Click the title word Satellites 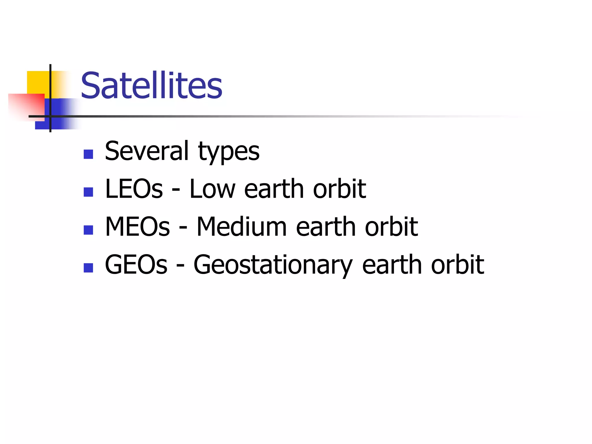tap(151, 86)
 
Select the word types tap(229, 152)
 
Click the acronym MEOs tap(137, 227)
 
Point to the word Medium tap(242, 227)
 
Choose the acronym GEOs tap(136, 264)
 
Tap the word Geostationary tap(273, 265)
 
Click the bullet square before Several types tap(88, 154)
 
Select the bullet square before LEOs tap(88, 192)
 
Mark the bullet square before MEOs tap(88, 230)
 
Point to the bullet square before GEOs tap(88, 268)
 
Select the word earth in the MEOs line tap(325, 227)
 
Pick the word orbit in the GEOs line tap(457, 264)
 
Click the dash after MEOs tap(183, 228)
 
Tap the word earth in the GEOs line tap(392, 264)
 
